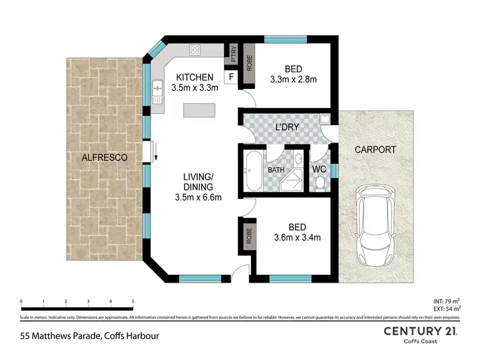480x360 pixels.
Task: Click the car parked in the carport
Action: [372, 227]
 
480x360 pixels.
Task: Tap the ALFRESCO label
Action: [105, 157]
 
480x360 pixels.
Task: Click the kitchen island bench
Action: [200, 111]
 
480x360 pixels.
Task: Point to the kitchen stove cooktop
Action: [195, 51]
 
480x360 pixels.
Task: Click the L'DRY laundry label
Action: [287, 127]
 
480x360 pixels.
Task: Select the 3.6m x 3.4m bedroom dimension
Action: [297, 237]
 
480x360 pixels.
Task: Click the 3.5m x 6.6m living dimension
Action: [198, 197]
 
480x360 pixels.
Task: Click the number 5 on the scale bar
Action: [132, 301]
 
